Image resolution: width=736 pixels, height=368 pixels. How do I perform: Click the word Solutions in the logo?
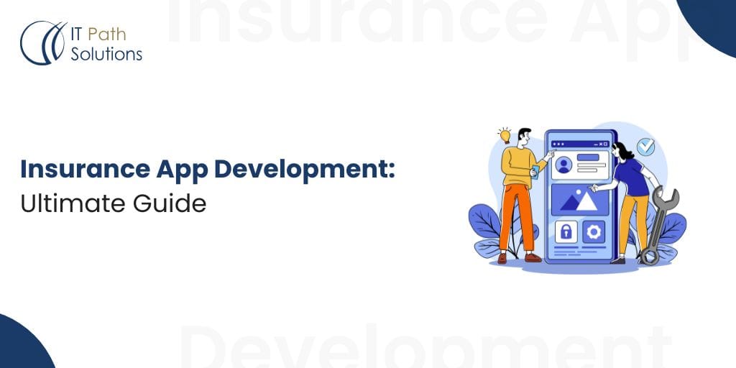[106, 55]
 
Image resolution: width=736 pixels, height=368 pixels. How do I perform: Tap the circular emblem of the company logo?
[43, 42]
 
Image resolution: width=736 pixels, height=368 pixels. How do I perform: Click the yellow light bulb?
[505, 136]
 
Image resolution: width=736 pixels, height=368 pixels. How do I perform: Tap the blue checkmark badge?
[645, 147]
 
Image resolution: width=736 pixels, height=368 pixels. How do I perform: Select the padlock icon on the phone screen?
[566, 232]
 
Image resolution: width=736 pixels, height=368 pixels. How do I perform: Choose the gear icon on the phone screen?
[594, 232]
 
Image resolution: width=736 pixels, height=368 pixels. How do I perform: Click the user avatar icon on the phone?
[563, 165]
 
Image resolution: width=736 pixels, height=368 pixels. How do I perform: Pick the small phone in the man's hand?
[535, 171]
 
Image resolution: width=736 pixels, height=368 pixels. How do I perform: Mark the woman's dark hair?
[623, 149]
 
